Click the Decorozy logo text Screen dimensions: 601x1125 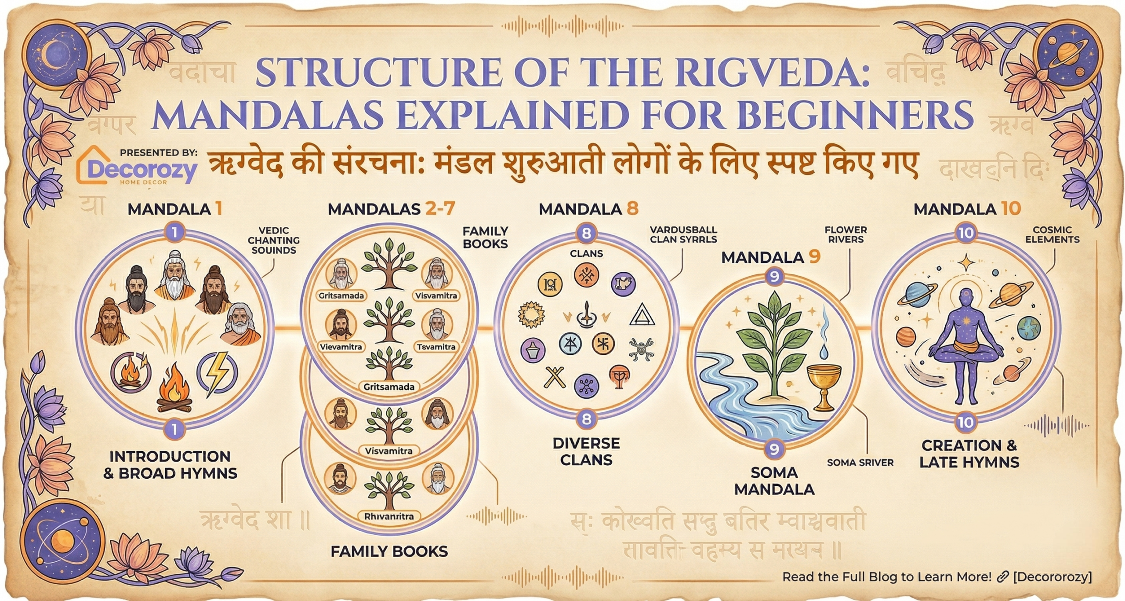click(x=142, y=170)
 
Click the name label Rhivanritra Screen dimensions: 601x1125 click(x=389, y=516)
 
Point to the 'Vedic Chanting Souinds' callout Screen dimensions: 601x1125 click(x=273, y=240)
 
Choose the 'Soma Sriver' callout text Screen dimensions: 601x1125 click(x=860, y=463)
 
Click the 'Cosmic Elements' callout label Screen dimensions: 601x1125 click(x=1052, y=235)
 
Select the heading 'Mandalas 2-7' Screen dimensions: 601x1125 click(x=391, y=209)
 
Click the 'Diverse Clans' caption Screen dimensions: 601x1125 click(x=586, y=451)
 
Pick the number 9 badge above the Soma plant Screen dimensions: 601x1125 click(x=774, y=277)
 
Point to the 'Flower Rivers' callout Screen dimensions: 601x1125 click(x=846, y=235)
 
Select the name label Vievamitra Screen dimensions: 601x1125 click(x=341, y=347)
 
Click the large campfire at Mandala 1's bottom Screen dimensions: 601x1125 click(x=175, y=389)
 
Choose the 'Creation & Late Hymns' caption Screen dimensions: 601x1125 click(x=969, y=454)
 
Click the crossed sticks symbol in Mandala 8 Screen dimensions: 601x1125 click(x=555, y=377)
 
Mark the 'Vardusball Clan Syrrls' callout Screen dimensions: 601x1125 click(x=683, y=235)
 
